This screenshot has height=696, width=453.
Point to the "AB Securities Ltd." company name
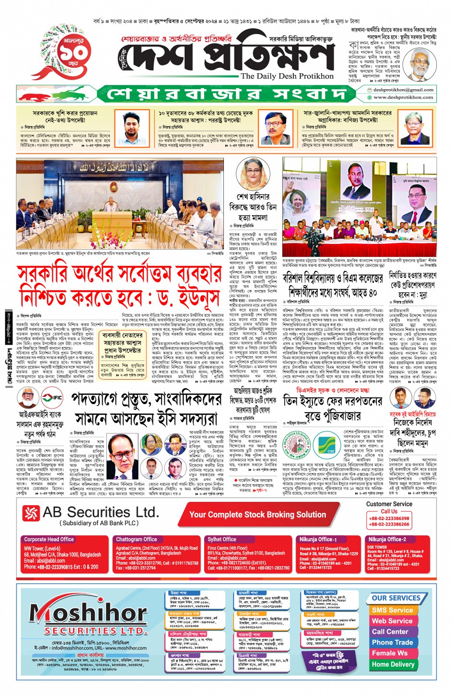tap(100, 512)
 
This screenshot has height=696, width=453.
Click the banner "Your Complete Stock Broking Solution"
tap(257, 515)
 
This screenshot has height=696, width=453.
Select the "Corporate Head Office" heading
tap(49, 539)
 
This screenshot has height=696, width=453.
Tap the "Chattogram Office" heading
tap(137, 539)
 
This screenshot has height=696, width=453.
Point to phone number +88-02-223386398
tap(389, 518)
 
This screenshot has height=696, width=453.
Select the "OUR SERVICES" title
tap(395, 598)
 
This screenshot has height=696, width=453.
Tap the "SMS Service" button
tap(392, 610)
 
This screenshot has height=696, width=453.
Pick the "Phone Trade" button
tap(392, 642)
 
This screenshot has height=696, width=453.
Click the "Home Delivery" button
tap(393, 664)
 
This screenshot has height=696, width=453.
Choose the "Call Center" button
tap(390, 632)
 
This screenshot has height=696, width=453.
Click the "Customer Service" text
tap(389, 504)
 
